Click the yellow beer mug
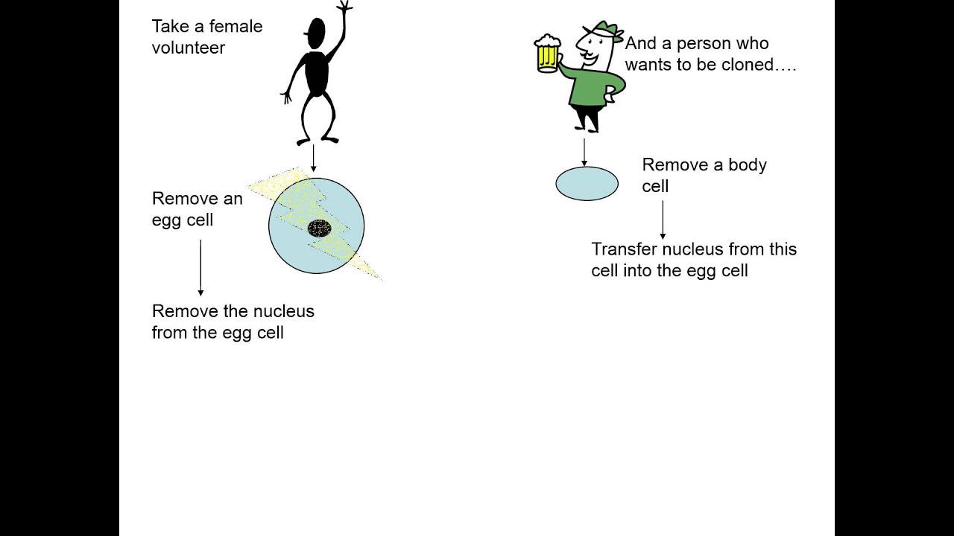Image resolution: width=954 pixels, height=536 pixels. pos(547,54)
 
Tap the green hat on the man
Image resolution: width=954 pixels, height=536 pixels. pos(605,30)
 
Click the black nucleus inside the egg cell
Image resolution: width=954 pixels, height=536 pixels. pos(320,228)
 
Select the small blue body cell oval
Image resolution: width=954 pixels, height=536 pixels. pos(587,183)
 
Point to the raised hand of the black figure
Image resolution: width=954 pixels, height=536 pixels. pos(344,7)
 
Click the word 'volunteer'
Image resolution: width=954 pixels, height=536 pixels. pos(189,48)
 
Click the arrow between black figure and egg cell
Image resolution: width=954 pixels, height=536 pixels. pos(313,157)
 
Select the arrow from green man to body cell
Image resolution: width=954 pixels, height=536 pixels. pos(584,151)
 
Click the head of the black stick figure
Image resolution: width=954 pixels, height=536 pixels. pos(316,31)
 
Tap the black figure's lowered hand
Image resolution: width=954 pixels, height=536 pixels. pos(286,97)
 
